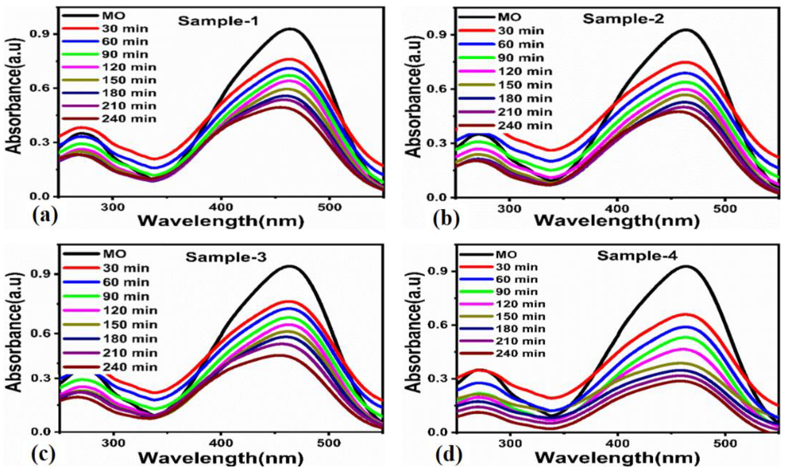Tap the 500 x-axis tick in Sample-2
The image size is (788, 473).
725,209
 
